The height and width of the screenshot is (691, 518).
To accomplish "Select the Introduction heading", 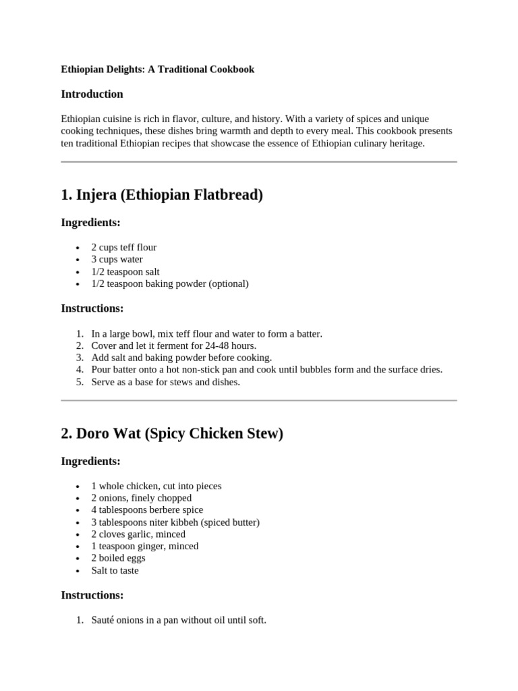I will point(92,94).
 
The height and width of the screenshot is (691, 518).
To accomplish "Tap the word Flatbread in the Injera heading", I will point(226,196).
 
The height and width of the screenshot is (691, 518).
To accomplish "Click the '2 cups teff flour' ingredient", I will point(123,247).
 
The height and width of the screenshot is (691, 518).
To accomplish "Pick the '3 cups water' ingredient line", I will point(117,259).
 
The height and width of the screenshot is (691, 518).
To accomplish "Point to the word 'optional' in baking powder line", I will point(228,283).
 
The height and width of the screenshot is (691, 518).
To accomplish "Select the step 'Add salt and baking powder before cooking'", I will point(181,358).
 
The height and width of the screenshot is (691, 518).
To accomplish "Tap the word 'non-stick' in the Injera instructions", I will point(194,370).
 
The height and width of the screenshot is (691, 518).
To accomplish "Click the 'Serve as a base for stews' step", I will point(165,382).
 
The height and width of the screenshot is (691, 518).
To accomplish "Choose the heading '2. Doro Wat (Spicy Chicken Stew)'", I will point(172,434).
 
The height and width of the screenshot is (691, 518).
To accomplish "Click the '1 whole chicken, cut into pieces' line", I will point(156,486).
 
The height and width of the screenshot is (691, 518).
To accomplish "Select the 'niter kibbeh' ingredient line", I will point(175,522).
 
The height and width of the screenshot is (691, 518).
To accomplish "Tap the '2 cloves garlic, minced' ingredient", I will point(138,534).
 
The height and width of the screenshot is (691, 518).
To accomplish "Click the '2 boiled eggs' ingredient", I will point(118,558).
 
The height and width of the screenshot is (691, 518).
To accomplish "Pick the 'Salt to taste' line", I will point(115,570).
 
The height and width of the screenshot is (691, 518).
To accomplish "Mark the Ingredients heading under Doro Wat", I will point(90,462).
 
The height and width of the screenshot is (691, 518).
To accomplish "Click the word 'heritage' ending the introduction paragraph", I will point(403,144).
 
